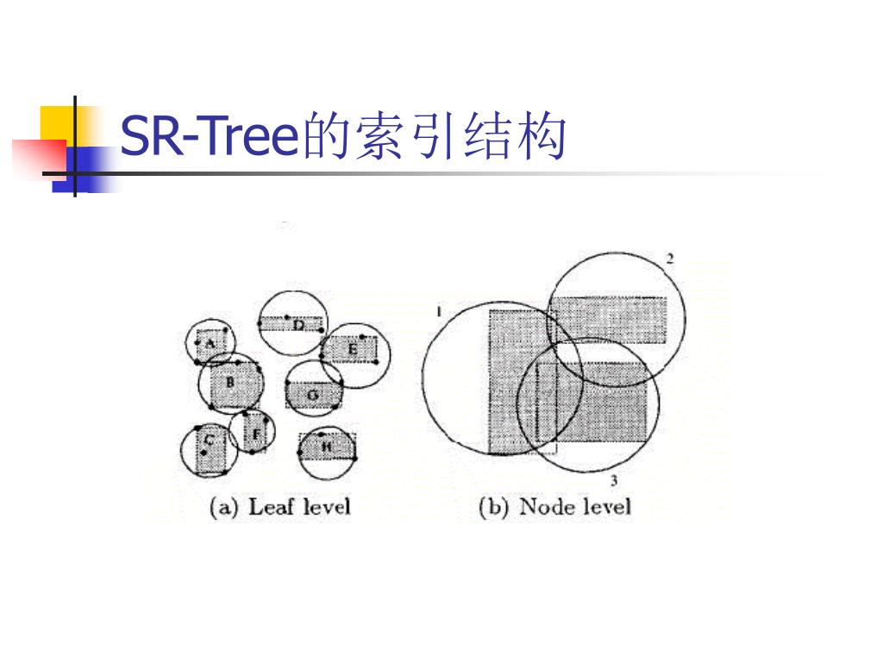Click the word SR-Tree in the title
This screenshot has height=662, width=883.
[x=207, y=136]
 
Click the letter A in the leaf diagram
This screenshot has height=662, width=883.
[x=208, y=343]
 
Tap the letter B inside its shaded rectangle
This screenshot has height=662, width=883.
[x=230, y=382]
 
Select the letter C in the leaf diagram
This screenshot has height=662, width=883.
[x=208, y=440]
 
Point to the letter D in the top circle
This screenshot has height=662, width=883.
[x=298, y=325]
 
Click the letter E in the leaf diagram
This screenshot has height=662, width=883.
[x=352, y=349]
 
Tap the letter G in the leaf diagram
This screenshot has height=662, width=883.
[x=313, y=396]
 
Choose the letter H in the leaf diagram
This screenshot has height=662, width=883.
[x=327, y=447]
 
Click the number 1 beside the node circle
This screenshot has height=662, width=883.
[x=439, y=310]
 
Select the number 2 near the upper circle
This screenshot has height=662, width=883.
[x=670, y=259]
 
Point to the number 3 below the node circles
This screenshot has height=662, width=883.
[x=613, y=480]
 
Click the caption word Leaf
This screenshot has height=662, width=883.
[x=267, y=506]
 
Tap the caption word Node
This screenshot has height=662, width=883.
[x=541, y=506]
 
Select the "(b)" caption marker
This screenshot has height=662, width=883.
[x=494, y=507]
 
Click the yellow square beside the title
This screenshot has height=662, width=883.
[x=57, y=121]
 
